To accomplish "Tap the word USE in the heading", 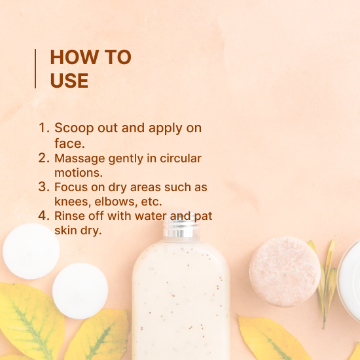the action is click(x=69, y=81).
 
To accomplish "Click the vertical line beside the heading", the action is click(x=35, y=69).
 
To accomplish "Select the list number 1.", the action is click(x=43, y=128).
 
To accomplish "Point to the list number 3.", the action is click(x=44, y=187).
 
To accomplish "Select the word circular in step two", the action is click(x=181, y=158).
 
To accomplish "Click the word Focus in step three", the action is click(x=71, y=187).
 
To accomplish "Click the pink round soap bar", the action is click(x=285, y=272).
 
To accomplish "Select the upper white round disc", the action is click(x=31, y=251).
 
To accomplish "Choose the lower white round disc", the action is click(x=80, y=291).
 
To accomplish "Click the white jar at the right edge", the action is click(x=349, y=278).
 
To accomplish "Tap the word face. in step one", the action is click(x=70, y=143).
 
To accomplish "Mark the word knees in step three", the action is click(x=73, y=202).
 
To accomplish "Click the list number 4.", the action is click(x=44, y=216).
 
